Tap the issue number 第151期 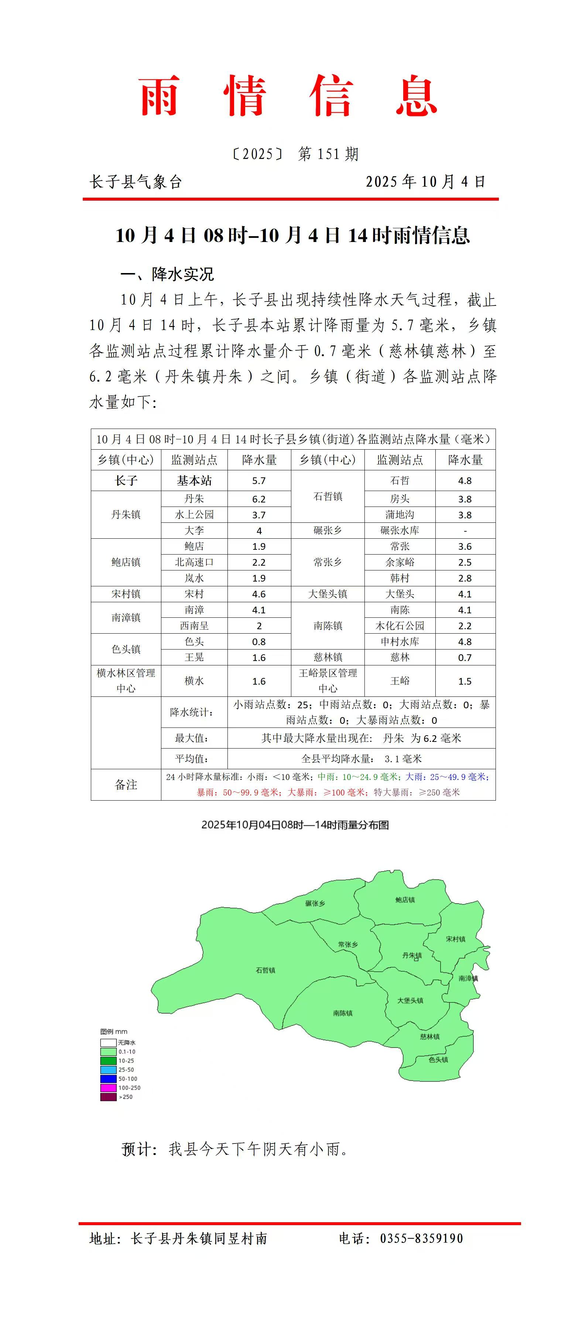point(329,154)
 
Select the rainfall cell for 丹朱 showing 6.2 point(259,499)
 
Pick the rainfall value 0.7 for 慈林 point(465,657)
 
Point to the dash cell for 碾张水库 point(465,531)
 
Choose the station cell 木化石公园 point(400,626)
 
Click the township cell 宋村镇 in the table point(126,594)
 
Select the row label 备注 point(126,784)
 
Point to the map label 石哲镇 point(265,970)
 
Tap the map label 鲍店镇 point(405,900)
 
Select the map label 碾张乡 point(315,903)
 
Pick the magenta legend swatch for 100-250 point(108,1088)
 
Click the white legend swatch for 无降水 point(108,1043)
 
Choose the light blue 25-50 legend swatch point(108,1070)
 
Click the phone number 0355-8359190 point(421,1238)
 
